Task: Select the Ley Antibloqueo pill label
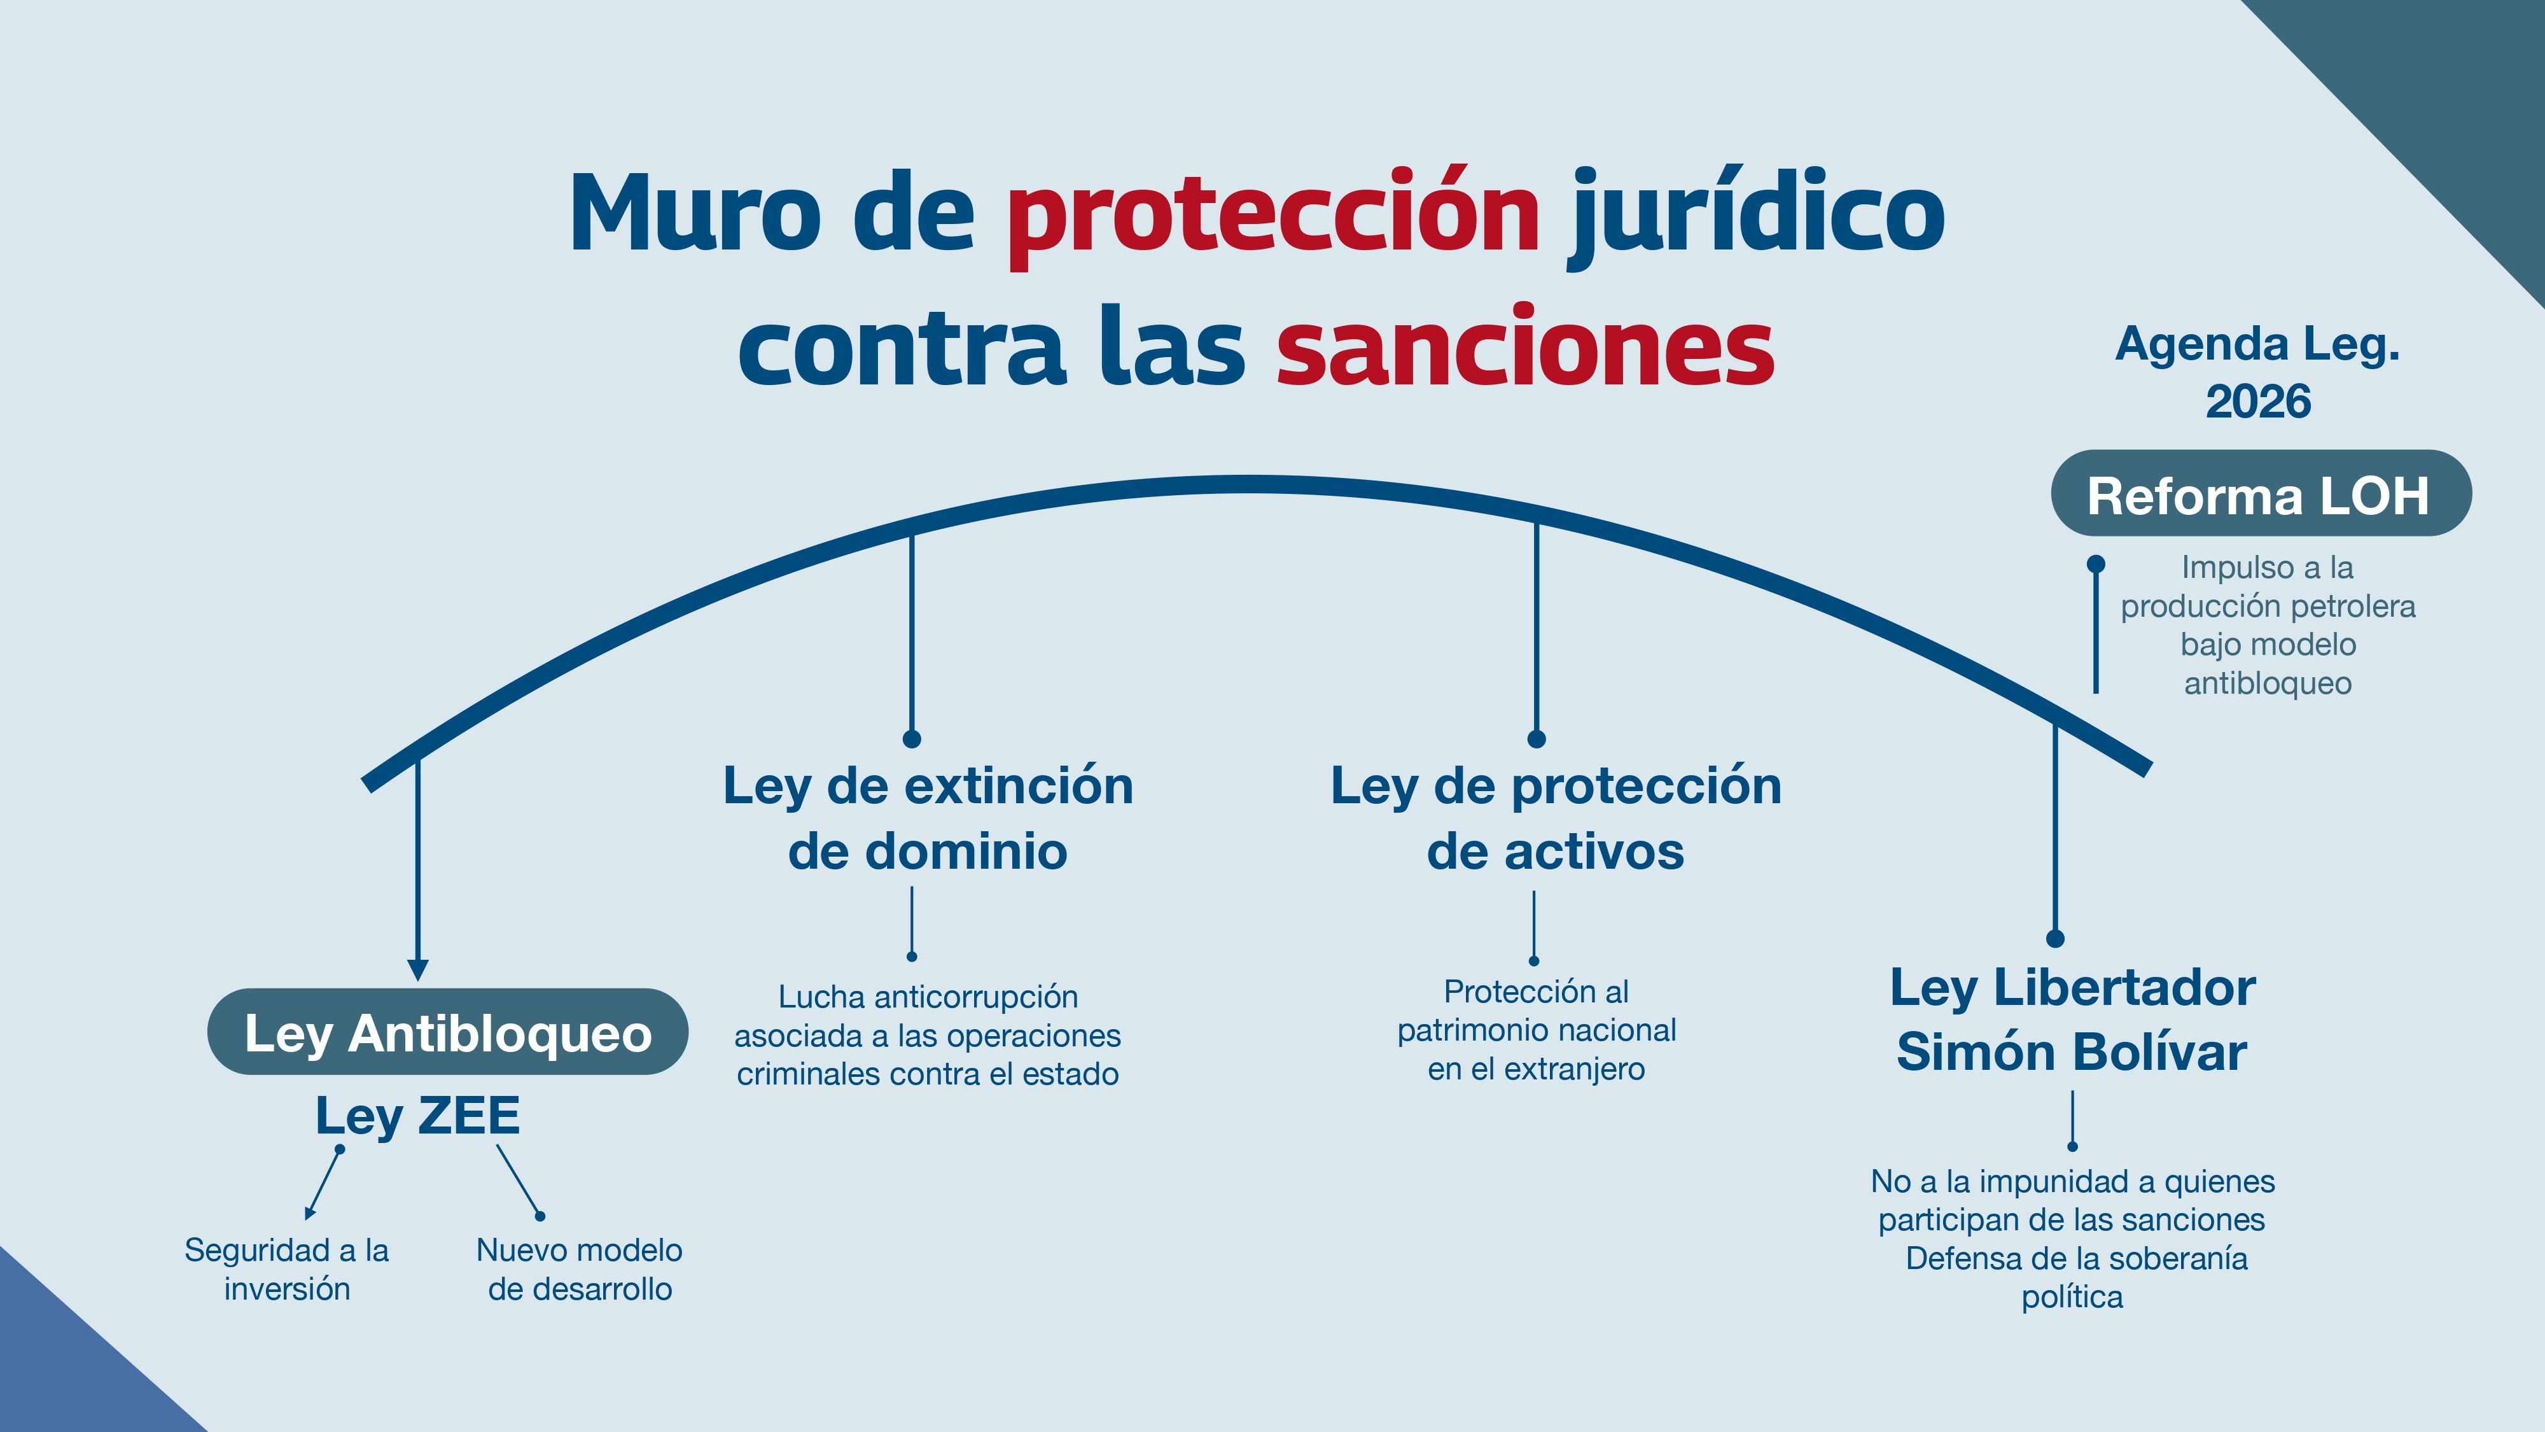(447, 1032)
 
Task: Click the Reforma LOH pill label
(2261, 494)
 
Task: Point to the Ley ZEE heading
(417, 1116)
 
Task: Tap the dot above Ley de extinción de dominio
(912, 739)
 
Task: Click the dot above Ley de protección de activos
(1537, 739)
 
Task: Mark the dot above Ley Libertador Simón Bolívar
(2056, 938)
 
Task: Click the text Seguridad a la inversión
(286, 1270)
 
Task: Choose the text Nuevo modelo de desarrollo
(580, 1270)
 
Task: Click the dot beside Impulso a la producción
(2095, 565)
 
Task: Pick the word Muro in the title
(695, 213)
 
